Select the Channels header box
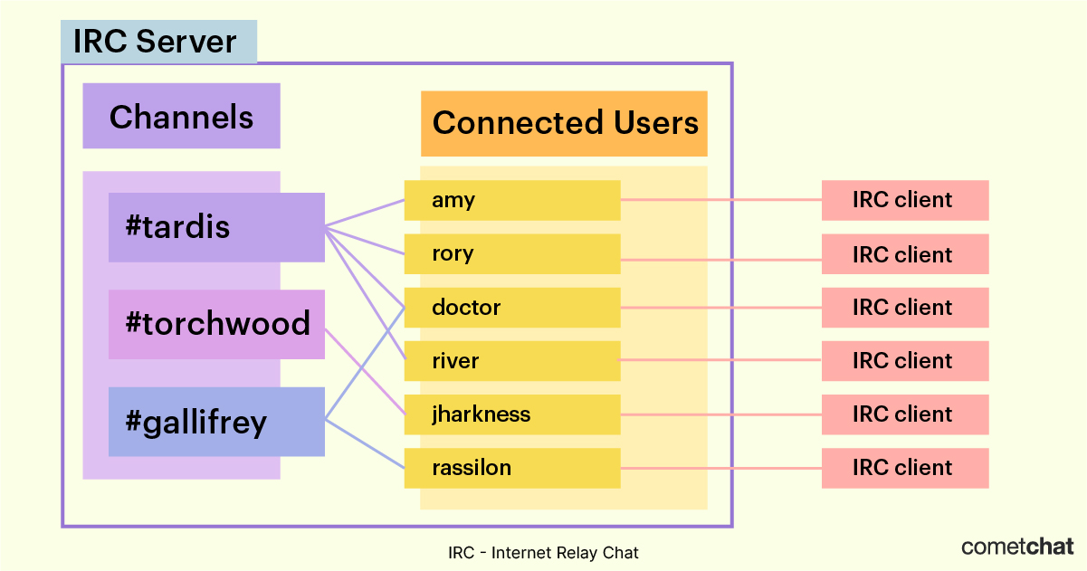(181, 116)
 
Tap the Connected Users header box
(564, 123)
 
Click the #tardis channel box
(215, 227)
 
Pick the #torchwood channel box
(215, 324)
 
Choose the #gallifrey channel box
(215, 422)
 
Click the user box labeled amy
(511, 200)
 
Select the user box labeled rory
(511, 253)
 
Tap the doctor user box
(511, 308)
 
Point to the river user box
(511, 361)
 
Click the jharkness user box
(511, 414)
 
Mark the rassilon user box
(511, 468)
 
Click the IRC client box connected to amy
(904, 200)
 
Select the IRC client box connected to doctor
(904, 308)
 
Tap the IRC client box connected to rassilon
(904, 468)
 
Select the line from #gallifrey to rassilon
(364, 443)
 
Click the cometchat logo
(1017, 547)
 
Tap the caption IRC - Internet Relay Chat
(543, 552)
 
